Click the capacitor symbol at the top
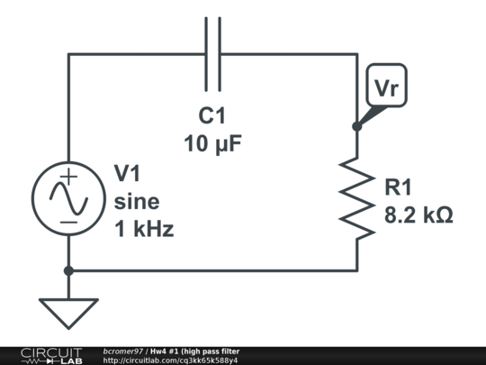pos(212,53)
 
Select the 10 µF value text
pos(213,143)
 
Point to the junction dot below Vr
pos(356,126)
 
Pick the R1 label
pos(399,187)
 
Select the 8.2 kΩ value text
pos(418,216)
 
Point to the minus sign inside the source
pos(68,221)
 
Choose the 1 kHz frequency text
pos(143,229)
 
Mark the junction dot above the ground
pos(68,269)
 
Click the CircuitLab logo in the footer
pos(50,355)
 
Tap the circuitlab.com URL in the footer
pos(170,360)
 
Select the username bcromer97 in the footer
pos(123,351)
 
